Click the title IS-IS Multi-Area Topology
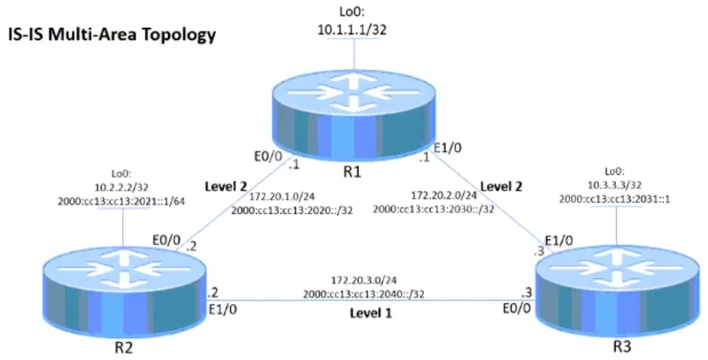(112, 35)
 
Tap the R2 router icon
(124, 292)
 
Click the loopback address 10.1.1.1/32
(352, 30)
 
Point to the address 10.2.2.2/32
(121, 188)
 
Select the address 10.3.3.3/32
(614, 185)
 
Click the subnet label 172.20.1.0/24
(282, 197)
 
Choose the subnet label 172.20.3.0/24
(364, 281)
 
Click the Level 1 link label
(371, 313)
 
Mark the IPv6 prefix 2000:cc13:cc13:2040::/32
(363, 294)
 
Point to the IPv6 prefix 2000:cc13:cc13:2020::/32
(292, 210)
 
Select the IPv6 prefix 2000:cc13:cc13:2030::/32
(433, 209)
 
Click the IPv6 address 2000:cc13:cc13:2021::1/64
(121, 201)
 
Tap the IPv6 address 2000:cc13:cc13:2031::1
(614, 199)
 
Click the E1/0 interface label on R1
(448, 148)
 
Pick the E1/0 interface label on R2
(222, 310)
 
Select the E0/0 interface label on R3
(517, 309)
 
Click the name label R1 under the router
(352, 172)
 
